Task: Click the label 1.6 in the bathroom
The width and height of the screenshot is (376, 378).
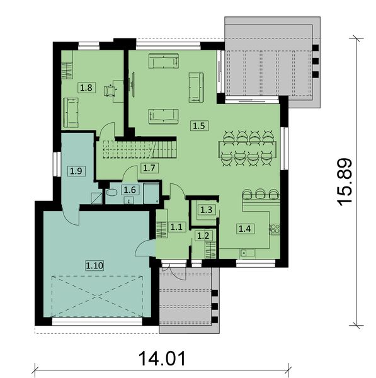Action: (130, 189)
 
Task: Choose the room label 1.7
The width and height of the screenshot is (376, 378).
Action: (149, 168)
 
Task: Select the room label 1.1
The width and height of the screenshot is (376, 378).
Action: (176, 227)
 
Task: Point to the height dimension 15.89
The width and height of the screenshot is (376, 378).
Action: (345, 182)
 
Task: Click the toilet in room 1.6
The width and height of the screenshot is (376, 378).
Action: (111, 193)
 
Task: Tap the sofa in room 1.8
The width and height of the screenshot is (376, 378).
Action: (69, 112)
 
